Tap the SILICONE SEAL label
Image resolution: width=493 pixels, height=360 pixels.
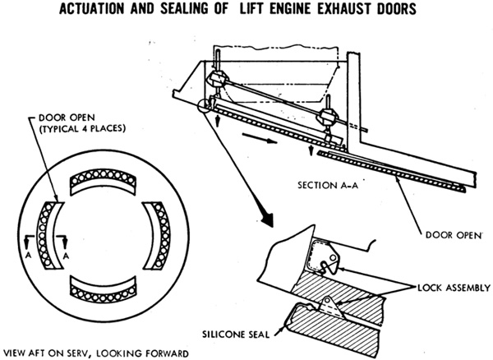(x=236, y=335)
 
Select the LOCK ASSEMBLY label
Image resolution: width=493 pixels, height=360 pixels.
(x=454, y=288)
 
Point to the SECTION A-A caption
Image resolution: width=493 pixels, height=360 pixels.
(x=328, y=185)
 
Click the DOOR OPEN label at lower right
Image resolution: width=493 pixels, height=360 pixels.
(x=454, y=235)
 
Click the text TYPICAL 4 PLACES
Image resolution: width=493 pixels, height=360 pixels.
(x=81, y=128)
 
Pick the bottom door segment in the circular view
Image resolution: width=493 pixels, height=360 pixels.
(x=104, y=290)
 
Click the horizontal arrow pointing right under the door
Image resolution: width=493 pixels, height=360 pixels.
(x=260, y=139)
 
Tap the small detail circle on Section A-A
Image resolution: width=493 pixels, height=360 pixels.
(x=204, y=106)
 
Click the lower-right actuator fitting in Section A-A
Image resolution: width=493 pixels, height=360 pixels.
(x=328, y=117)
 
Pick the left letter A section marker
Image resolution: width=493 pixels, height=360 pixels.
(x=28, y=256)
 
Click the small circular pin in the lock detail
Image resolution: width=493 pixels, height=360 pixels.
(x=334, y=258)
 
